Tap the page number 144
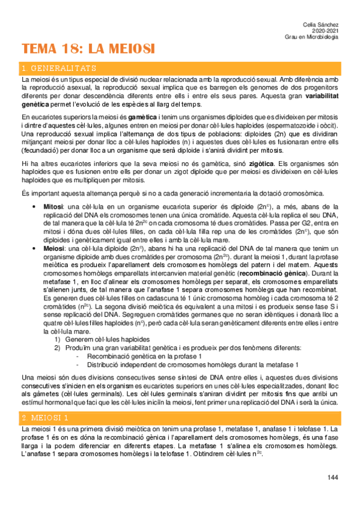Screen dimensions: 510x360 pyautogui.click(x=332, y=478)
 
